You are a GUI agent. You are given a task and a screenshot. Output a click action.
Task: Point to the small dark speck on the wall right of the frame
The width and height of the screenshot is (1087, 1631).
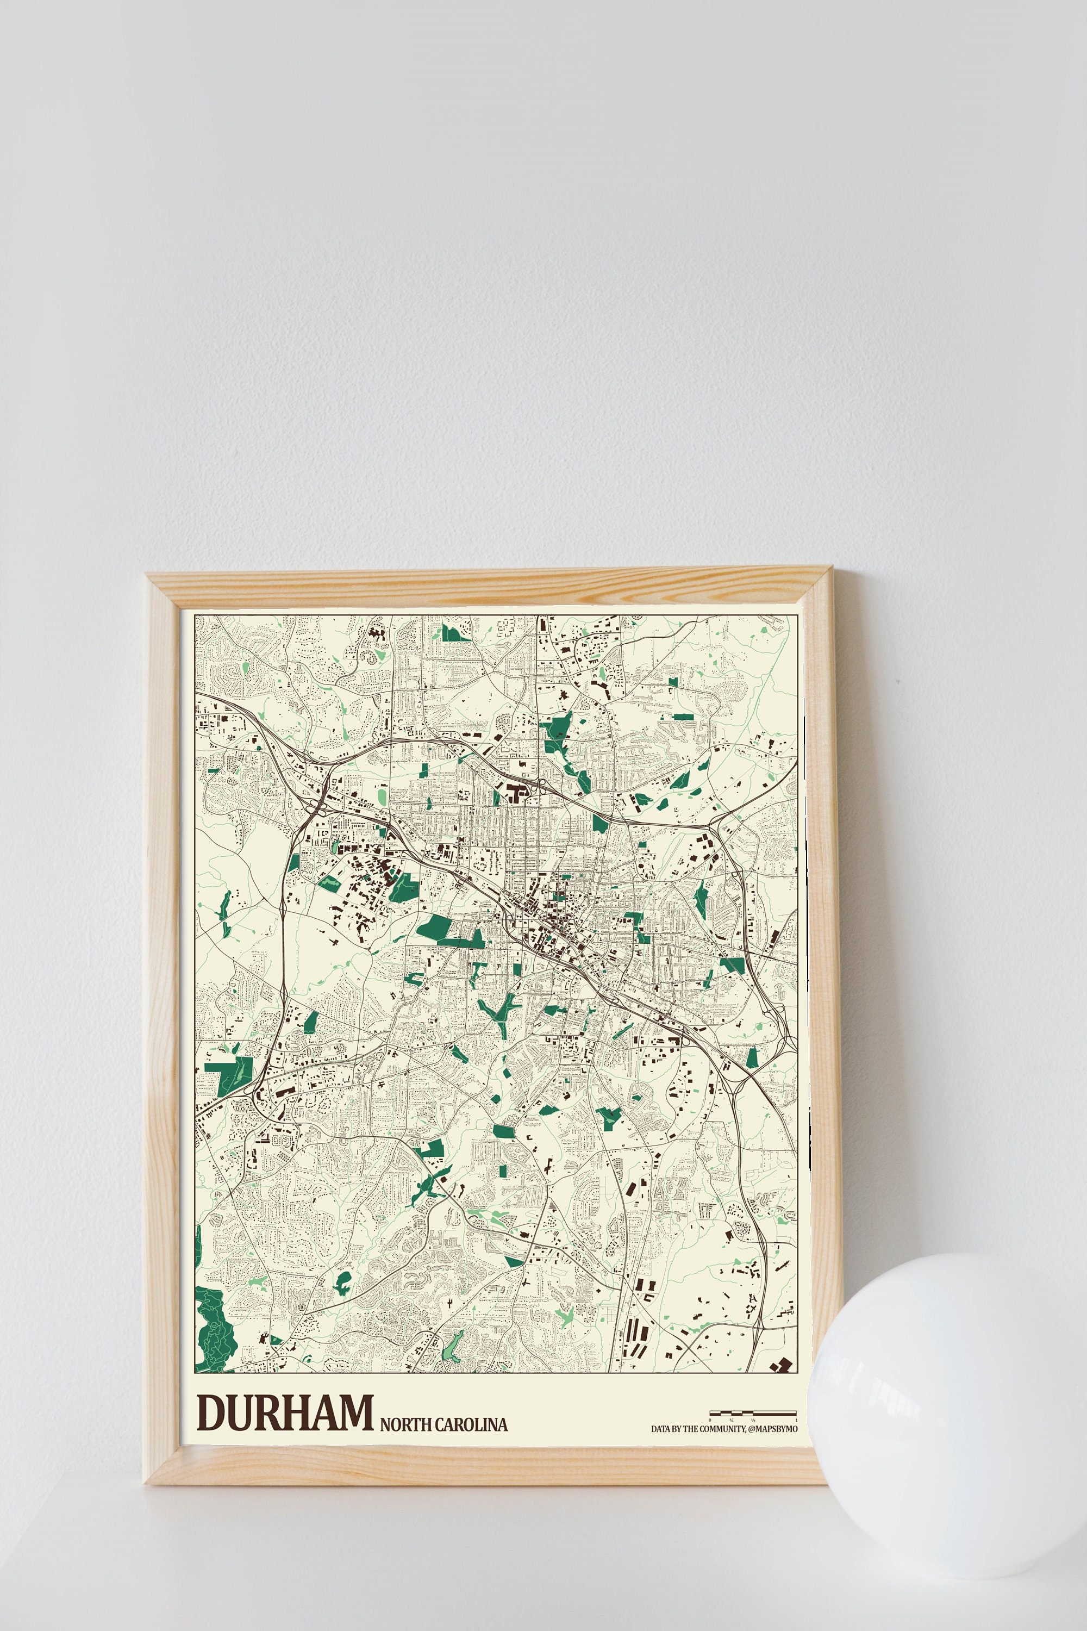[x=898, y=681]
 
